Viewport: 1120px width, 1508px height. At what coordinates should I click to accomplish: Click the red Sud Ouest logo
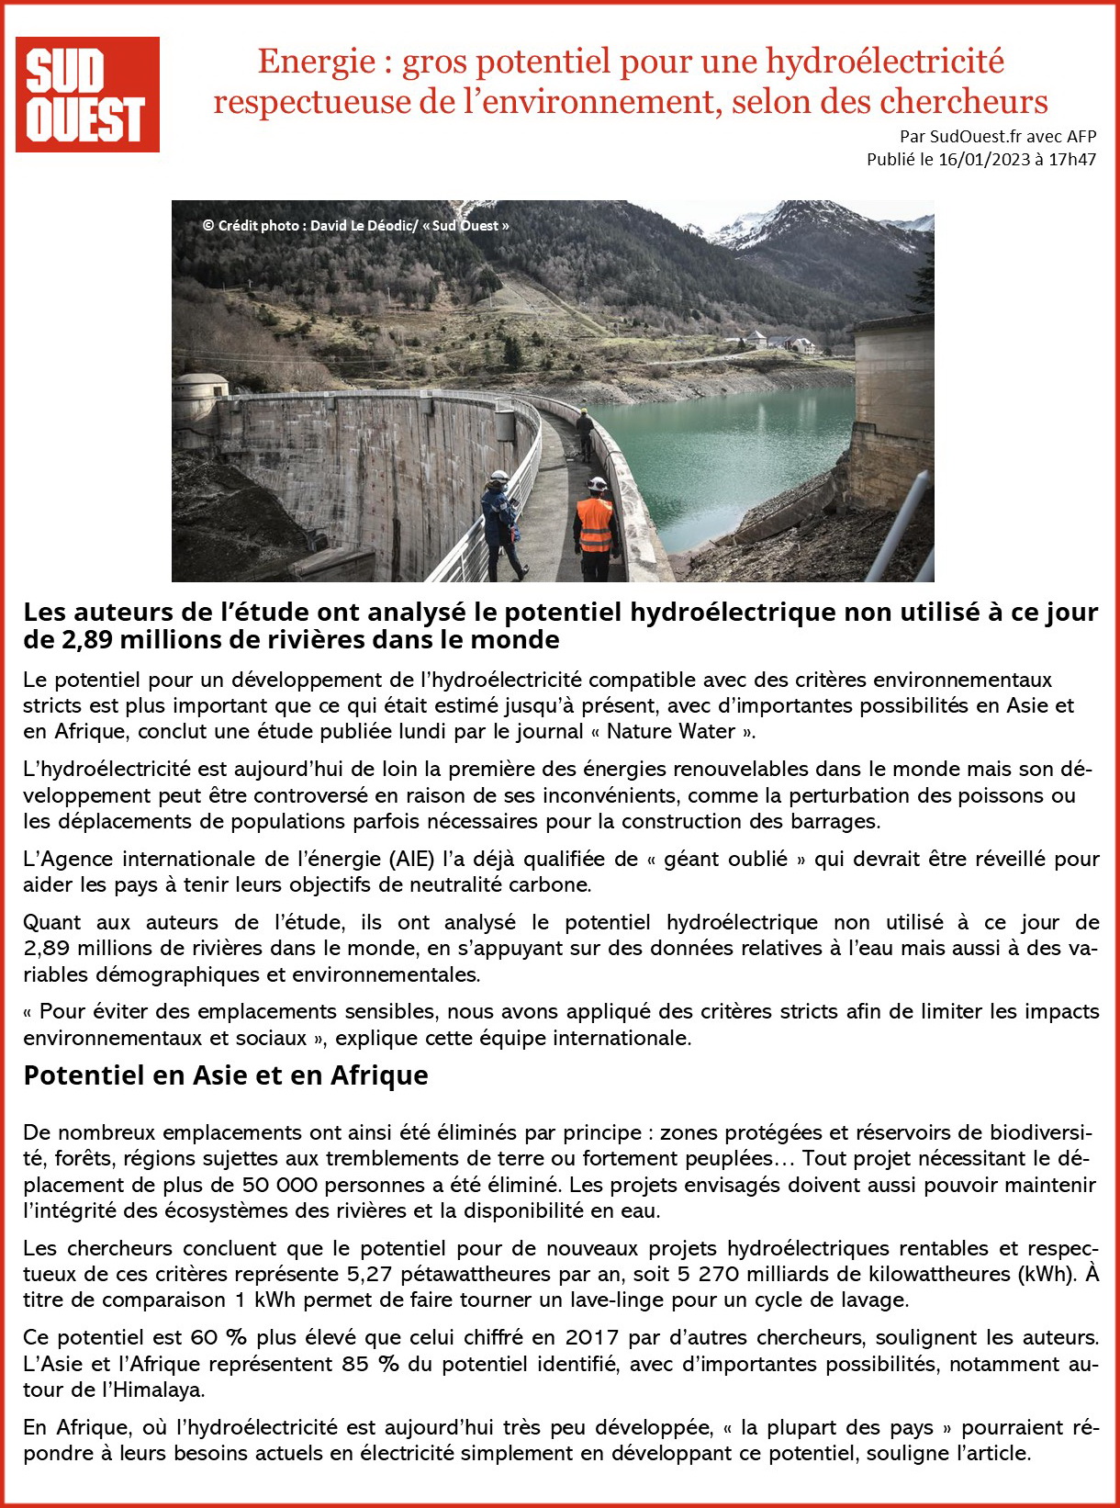coord(87,95)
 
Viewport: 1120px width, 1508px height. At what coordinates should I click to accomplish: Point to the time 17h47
coord(1073,160)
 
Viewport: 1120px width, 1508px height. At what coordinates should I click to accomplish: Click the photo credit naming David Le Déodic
coord(355,226)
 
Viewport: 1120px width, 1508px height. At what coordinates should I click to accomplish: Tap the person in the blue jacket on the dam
coord(501,523)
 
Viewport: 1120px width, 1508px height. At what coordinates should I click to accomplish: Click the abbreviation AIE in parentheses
coord(411,860)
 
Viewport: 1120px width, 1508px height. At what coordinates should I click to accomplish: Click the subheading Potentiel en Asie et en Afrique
coord(226,1075)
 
